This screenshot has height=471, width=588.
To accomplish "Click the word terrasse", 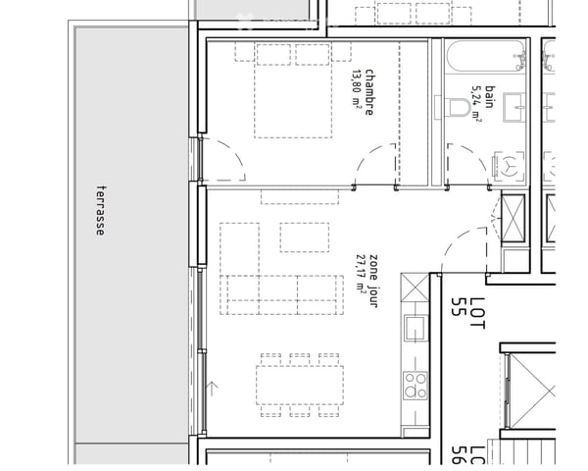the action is point(101,211).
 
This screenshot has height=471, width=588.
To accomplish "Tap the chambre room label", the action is point(369,92).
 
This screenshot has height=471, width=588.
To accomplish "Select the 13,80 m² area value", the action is point(357,89).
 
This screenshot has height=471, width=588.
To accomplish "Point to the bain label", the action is point(490,97).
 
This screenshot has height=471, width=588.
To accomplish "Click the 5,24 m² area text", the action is point(476,104).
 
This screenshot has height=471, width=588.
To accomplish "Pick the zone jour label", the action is point(374,281).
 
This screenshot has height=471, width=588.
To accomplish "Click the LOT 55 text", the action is point(467,313).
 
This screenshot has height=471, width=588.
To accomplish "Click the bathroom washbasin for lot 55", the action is point(514,107).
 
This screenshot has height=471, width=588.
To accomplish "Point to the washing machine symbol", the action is point(509,167).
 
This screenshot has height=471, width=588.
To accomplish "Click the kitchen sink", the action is point(416,329).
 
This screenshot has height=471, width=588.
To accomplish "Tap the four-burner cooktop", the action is point(416,386).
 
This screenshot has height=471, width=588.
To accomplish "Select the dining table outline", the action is point(300,385).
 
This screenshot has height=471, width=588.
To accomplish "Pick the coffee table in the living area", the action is point(305,237).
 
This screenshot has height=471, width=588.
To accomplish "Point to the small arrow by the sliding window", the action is point(213,389).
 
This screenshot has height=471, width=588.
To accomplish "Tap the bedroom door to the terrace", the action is point(223,159).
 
